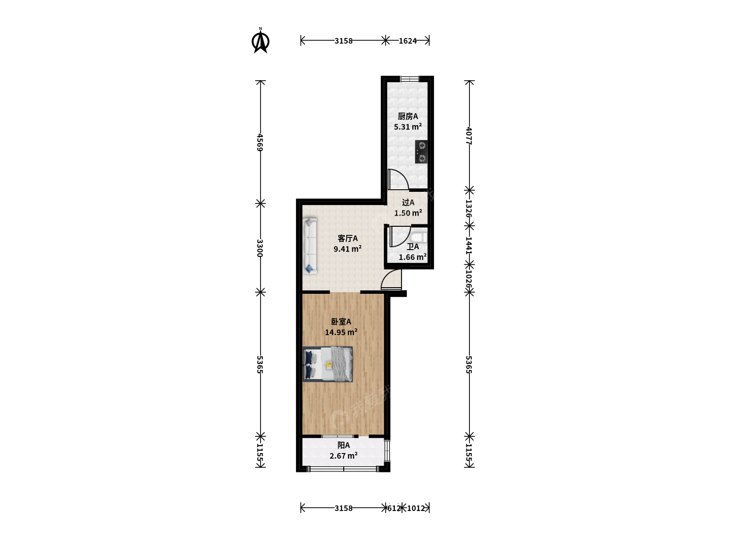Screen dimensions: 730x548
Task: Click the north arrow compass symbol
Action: click(x=261, y=42)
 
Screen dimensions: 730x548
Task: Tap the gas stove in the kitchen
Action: click(x=421, y=152)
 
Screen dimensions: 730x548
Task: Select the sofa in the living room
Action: click(x=310, y=246)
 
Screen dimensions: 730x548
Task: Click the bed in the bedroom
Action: click(x=327, y=364)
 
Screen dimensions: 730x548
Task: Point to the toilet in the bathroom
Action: click(x=418, y=237)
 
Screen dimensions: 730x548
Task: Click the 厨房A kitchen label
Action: click(x=408, y=117)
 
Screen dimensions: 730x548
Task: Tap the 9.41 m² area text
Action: click(x=348, y=249)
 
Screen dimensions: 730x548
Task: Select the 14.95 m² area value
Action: click(x=341, y=332)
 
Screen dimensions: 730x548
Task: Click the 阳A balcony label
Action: click(x=344, y=445)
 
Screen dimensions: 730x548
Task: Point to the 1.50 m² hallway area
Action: click(x=408, y=213)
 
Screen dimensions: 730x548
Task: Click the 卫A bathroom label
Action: click(x=413, y=247)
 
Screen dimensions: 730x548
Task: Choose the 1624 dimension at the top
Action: click(x=408, y=41)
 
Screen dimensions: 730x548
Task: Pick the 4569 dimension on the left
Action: click(x=261, y=143)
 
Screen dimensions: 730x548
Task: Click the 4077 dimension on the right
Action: click(x=469, y=136)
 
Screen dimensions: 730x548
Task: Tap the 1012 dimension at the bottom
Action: click(x=416, y=508)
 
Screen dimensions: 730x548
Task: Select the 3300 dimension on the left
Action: click(x=261, y=248)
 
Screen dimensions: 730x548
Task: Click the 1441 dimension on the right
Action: click(x=469, y=246)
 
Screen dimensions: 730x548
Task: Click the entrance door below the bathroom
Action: click(x=391, y=280)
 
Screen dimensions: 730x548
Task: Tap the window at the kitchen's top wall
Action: click(x=410, y=79)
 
